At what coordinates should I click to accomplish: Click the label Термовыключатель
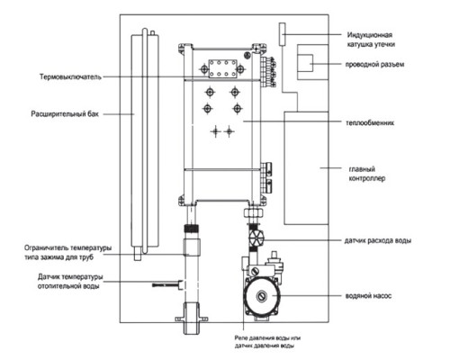70,77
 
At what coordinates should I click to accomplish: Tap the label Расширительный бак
65,114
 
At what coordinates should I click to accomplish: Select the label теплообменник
370,122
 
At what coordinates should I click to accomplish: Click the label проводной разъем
374,64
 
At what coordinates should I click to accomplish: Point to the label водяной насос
368,296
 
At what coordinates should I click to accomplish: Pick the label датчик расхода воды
378,240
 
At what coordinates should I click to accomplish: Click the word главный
362,169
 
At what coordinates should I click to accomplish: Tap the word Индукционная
370,35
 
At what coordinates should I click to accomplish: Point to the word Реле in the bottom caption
240,337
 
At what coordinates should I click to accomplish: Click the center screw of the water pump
262,296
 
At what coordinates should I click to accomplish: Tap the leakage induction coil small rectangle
282,34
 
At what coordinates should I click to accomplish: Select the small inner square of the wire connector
305,63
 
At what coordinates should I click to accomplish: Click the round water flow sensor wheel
256,238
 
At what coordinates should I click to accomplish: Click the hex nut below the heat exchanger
254,212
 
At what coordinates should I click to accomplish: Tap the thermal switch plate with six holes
222,68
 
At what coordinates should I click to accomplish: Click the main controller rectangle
306,168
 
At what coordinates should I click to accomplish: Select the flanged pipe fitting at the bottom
192,318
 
